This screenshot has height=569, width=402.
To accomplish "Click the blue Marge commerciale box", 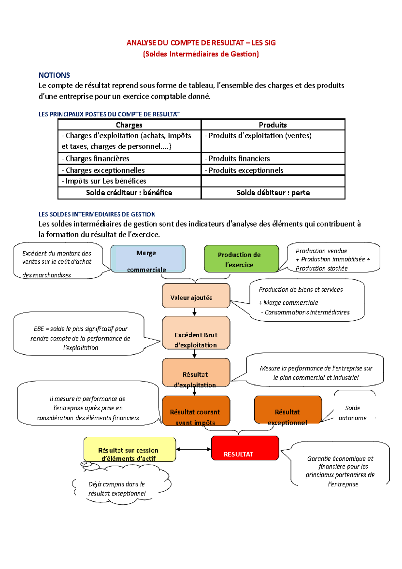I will click(x=148, y=258).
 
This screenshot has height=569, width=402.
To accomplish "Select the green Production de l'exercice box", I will click(x=241, y=258).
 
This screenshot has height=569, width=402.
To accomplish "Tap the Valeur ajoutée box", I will click(x=196, y=296).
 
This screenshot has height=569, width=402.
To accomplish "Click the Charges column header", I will click(x=129, y=125).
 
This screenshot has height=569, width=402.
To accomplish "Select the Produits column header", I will click(x=273, y=125).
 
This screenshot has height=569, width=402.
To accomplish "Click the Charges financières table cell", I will click(x=129, y=159).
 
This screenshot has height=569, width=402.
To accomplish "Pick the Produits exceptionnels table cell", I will click(x=273, y=170).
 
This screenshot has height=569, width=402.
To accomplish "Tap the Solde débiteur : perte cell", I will click(x=273, y=193).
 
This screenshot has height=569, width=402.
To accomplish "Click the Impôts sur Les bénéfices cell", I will click(x=129, y=181).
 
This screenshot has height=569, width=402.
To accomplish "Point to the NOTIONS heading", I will click(x=54, y=75).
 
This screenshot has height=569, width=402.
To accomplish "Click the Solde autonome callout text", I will click(x=353, y=413).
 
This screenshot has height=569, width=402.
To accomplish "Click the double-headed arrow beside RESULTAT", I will click(x=194, y=449).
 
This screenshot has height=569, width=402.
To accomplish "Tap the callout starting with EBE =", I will click(x=80, y=338).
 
